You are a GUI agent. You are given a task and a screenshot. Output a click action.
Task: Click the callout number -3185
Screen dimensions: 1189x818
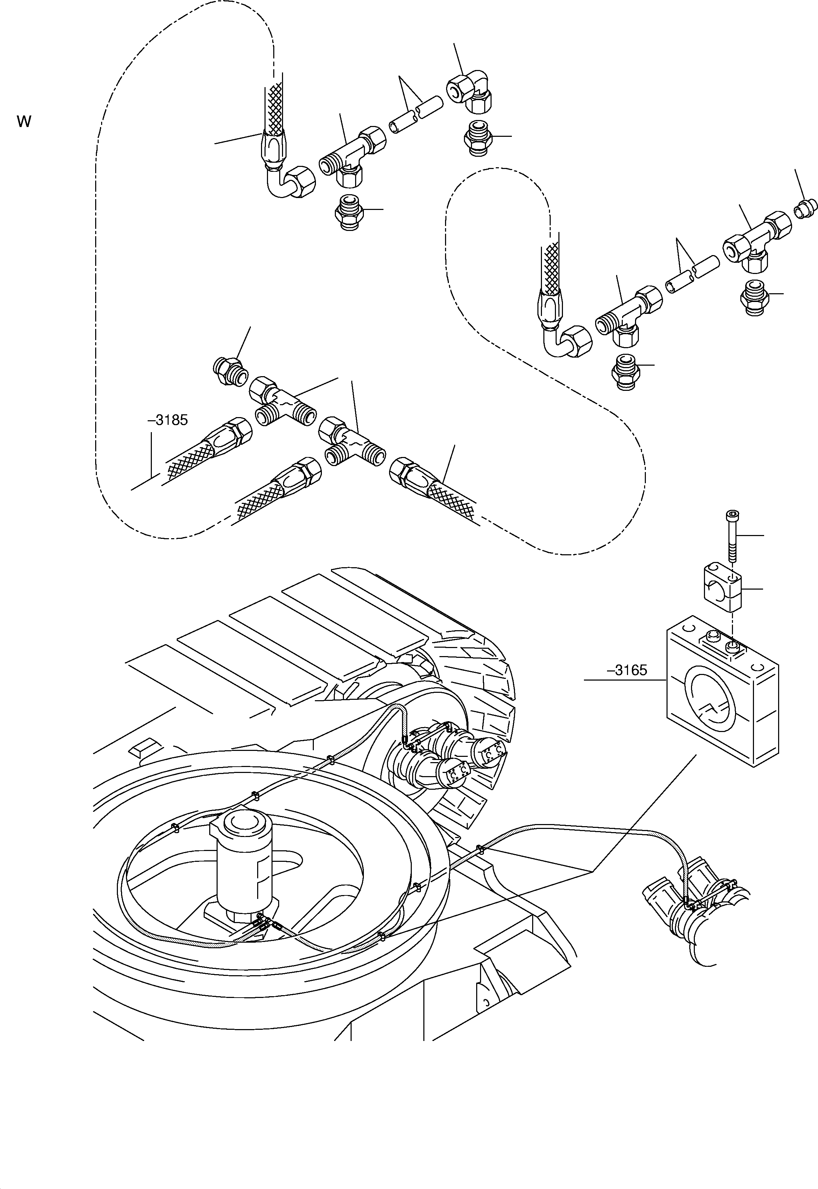(x=168, y=420)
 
